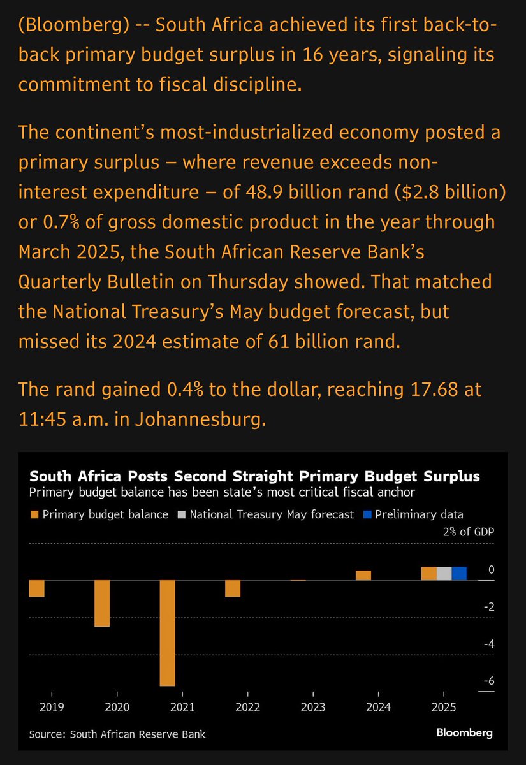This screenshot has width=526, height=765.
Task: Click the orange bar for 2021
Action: [x=167, y=633]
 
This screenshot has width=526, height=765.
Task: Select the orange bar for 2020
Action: [x=102, y=603]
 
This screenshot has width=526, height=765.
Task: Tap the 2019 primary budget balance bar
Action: [x=37, y=588]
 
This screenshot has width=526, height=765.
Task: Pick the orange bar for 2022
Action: [x=233, y=588]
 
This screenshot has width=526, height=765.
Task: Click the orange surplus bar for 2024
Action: [x=363, y=576]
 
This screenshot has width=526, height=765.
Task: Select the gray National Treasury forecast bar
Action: [x=444, y=573]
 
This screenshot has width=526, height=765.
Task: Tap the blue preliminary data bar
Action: [x=459, y=573]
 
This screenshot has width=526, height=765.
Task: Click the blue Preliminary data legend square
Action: [x=367, y=514]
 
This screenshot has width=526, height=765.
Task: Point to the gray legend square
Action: [x=182, y=514]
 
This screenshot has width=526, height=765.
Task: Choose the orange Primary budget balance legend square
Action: [x=34, y=514]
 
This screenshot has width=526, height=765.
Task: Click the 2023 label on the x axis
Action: [x=313, y=707]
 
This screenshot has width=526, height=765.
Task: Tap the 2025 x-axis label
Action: [x=444, y=707]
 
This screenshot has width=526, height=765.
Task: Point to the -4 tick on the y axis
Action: [x=489, y=644]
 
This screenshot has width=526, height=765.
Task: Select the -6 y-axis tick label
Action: [x=489, y=681]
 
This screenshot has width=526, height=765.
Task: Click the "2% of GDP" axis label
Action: [x=469, y=532]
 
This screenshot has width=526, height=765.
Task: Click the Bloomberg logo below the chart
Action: [x=465, y=733]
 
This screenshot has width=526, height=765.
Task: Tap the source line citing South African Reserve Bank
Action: [x=117, y=734]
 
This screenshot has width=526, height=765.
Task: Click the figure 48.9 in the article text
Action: [x=264, y=192]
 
